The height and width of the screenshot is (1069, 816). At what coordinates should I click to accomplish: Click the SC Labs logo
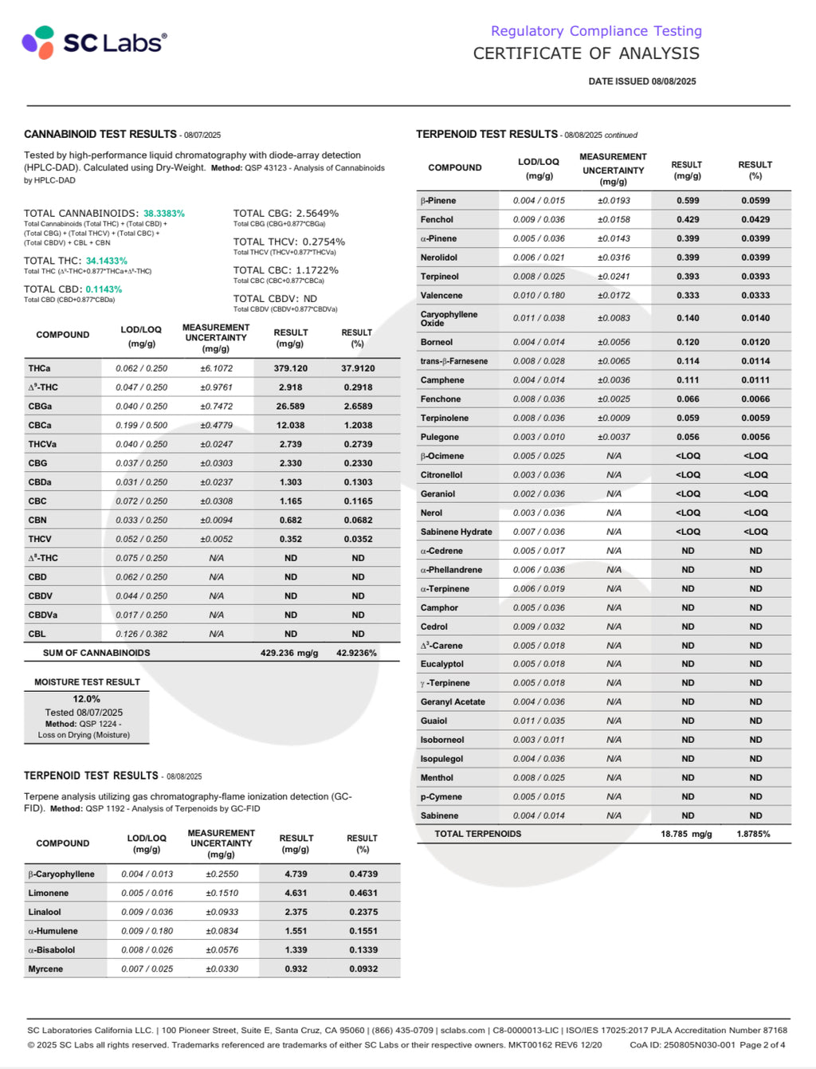tap(94, 42)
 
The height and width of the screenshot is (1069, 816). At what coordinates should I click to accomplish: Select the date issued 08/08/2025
tap(641, 81)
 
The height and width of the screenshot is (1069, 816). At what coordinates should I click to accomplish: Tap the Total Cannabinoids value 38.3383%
tap(164, 214)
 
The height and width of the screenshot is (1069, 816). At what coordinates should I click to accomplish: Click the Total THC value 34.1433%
tap(107, 261)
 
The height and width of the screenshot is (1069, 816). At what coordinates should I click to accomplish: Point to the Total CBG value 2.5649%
tap(317, 214)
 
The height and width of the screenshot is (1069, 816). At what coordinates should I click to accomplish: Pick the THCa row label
tap(39, 368)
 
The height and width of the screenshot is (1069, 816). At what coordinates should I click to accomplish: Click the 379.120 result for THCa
tap(291, 368)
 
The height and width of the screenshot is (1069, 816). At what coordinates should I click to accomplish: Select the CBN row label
tap(37, 520)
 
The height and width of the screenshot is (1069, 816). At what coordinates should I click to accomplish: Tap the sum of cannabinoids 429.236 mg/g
tap(289, 653)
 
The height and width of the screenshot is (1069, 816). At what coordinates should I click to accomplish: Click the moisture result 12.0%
tap(86, 699)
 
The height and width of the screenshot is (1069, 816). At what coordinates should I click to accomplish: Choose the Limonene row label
tap(49, 893)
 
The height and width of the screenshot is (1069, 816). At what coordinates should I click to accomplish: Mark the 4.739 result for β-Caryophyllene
tap(296, 874)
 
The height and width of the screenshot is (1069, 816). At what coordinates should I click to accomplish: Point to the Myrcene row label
tap(45, 969)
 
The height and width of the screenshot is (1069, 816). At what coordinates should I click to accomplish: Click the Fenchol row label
tap(437, 219)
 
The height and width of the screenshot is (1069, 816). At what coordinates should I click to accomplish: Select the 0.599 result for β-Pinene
tap(688, 201)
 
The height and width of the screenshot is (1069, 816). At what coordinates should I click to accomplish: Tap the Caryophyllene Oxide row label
tap(449, 318)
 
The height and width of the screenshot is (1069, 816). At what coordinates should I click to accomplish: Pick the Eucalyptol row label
tap(441, 664)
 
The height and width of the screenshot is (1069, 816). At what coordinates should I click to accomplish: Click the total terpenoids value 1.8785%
tap(753, 834)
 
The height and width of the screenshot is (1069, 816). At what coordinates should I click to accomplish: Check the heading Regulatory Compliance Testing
tap(596, 31)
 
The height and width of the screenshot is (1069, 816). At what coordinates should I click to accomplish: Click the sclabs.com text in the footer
tap(462, 1030)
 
